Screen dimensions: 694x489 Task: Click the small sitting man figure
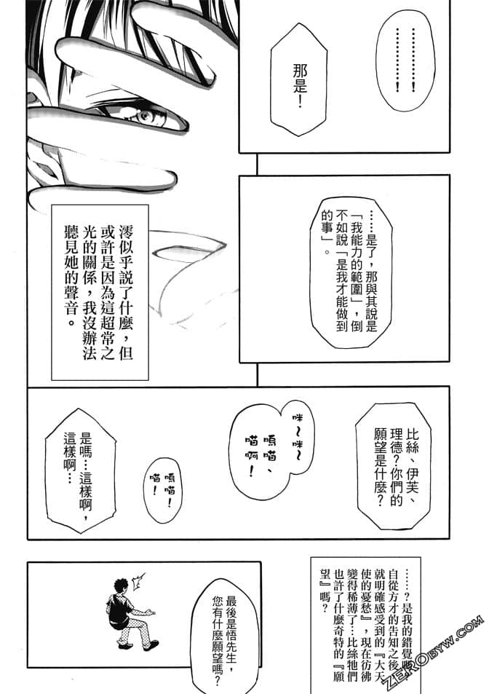coord(126,609)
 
